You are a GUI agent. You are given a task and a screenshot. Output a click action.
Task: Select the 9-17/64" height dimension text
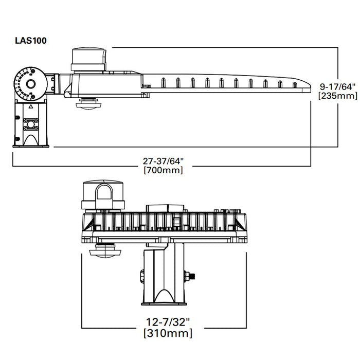tap(334, 86)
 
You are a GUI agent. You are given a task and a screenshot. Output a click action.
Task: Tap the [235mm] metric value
tap(334, 96)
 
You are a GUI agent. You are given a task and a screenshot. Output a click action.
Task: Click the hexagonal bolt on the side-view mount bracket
tap(31, 124)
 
